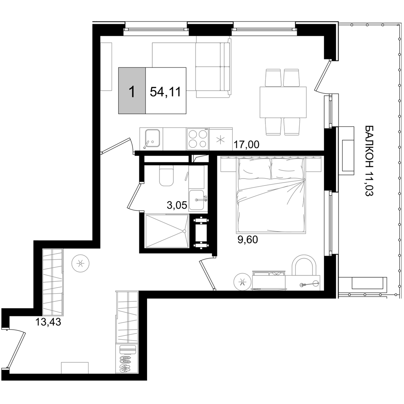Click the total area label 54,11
tap(165, 92)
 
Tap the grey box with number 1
tap(132, 90)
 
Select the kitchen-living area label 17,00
tap(246, 145)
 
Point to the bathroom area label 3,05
tap(177, 206)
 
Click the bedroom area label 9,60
tap(248, 240)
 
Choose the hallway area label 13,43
tap(48, 322)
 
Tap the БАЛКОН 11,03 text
tap(370, 161)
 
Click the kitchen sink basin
tap(153, 139)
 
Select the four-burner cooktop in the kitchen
tap(198, 139)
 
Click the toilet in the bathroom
tap(166, 176)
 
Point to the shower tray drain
tap(185, 231)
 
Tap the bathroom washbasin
tap(198, 200)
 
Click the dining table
tap(283, 102)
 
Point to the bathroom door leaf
tap(134, 195)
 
